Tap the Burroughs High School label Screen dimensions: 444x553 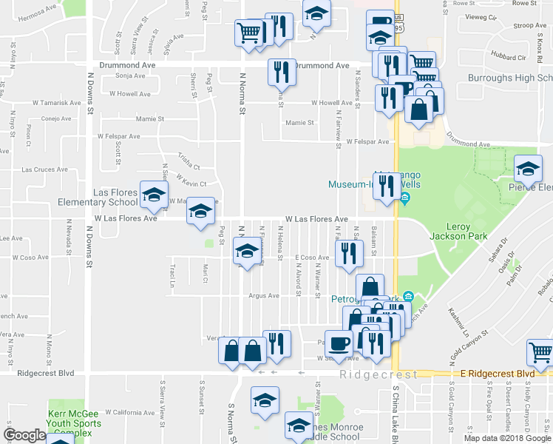pyautogui.click(x=509, y=78)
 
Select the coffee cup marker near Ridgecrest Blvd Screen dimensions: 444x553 pyautogui.click(x=339, y=344)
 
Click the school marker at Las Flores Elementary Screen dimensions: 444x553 pyautogui.click(x=154, y=196)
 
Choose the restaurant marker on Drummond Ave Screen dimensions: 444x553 pyautogui.click(x=281, y=73)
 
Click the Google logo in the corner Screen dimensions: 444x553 pyautogui.click(x=24, y=435)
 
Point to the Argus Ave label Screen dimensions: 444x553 pyautogui.click(x=264, y=295)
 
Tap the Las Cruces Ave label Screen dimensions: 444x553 pyautogui.click(x=44, y=169)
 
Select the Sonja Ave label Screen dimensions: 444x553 pyautogui.click(x=130, y=75)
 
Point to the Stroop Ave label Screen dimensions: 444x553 pyautogui.click(x=530, y=25)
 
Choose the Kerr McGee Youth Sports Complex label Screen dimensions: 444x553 pyautogui.click(x=70, y=423)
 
